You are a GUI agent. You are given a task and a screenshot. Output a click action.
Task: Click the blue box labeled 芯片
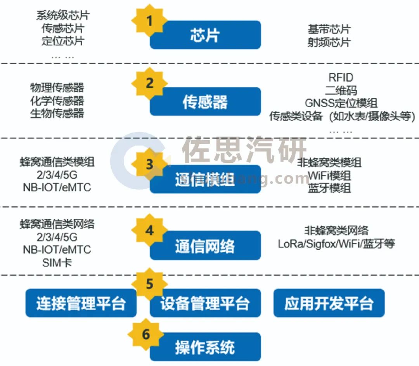tap(205, 35)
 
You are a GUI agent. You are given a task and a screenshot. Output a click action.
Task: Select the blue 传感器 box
tap(205, 101)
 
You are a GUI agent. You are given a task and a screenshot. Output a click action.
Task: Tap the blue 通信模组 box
tap(205, 179)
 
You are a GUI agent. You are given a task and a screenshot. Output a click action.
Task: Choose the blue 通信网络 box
tap(205, 245)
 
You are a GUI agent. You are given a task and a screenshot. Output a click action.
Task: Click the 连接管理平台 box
tap(81, 303)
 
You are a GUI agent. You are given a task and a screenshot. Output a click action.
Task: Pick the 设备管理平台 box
tap(205, 303)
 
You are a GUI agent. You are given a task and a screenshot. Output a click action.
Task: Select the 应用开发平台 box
tap(329, 303)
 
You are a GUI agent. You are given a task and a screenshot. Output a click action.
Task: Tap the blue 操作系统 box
tap(205, 347)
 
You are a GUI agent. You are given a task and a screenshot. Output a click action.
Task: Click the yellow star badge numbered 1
tap(149, 21)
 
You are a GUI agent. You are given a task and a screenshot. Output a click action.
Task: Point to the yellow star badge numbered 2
tap(149, 84)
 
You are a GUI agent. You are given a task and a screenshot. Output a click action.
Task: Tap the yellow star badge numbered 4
tap(149, 230)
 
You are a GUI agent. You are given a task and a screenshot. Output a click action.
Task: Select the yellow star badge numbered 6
tap(146, 335)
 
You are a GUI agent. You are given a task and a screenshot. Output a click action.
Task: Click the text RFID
tap(341, 78)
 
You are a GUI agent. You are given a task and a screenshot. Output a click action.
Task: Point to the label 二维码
tap(341, 91)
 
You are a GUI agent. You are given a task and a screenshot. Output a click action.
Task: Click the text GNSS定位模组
tap(341, 103)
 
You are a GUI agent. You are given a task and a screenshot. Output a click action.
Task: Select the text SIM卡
tap(57, 263)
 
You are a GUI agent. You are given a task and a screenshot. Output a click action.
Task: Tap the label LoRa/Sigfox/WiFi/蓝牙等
tap(336, 244)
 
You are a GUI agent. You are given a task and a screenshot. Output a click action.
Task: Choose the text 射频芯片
tap(329, 42)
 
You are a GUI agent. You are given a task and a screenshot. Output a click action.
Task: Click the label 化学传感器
tap(57, 101)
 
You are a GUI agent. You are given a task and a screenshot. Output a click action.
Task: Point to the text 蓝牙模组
tap(329, 188)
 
